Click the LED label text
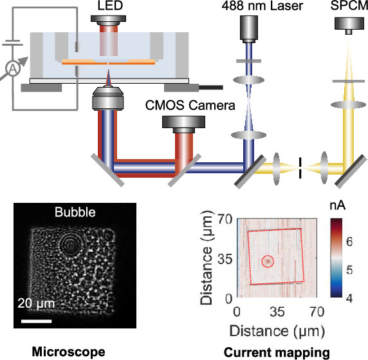click(110, 6)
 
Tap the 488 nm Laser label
click(262, 6)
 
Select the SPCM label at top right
click(349, 6)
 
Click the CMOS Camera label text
click(190, 105)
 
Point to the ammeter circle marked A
click(13, 69)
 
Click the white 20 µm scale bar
click(37, 321)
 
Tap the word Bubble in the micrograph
click(75, 212)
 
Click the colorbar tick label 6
click(349, 242)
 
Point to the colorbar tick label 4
click(349, 298)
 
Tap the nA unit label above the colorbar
click(338, 206)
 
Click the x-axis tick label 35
click(277, 312)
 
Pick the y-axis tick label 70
click(225, 219)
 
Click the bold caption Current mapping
click(277, 353)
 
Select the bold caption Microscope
click(69, 352)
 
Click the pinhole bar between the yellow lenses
click(300, 168)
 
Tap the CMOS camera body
click(184, 124)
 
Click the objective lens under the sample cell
click(108, 98)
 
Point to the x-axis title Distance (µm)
click(277, 331)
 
